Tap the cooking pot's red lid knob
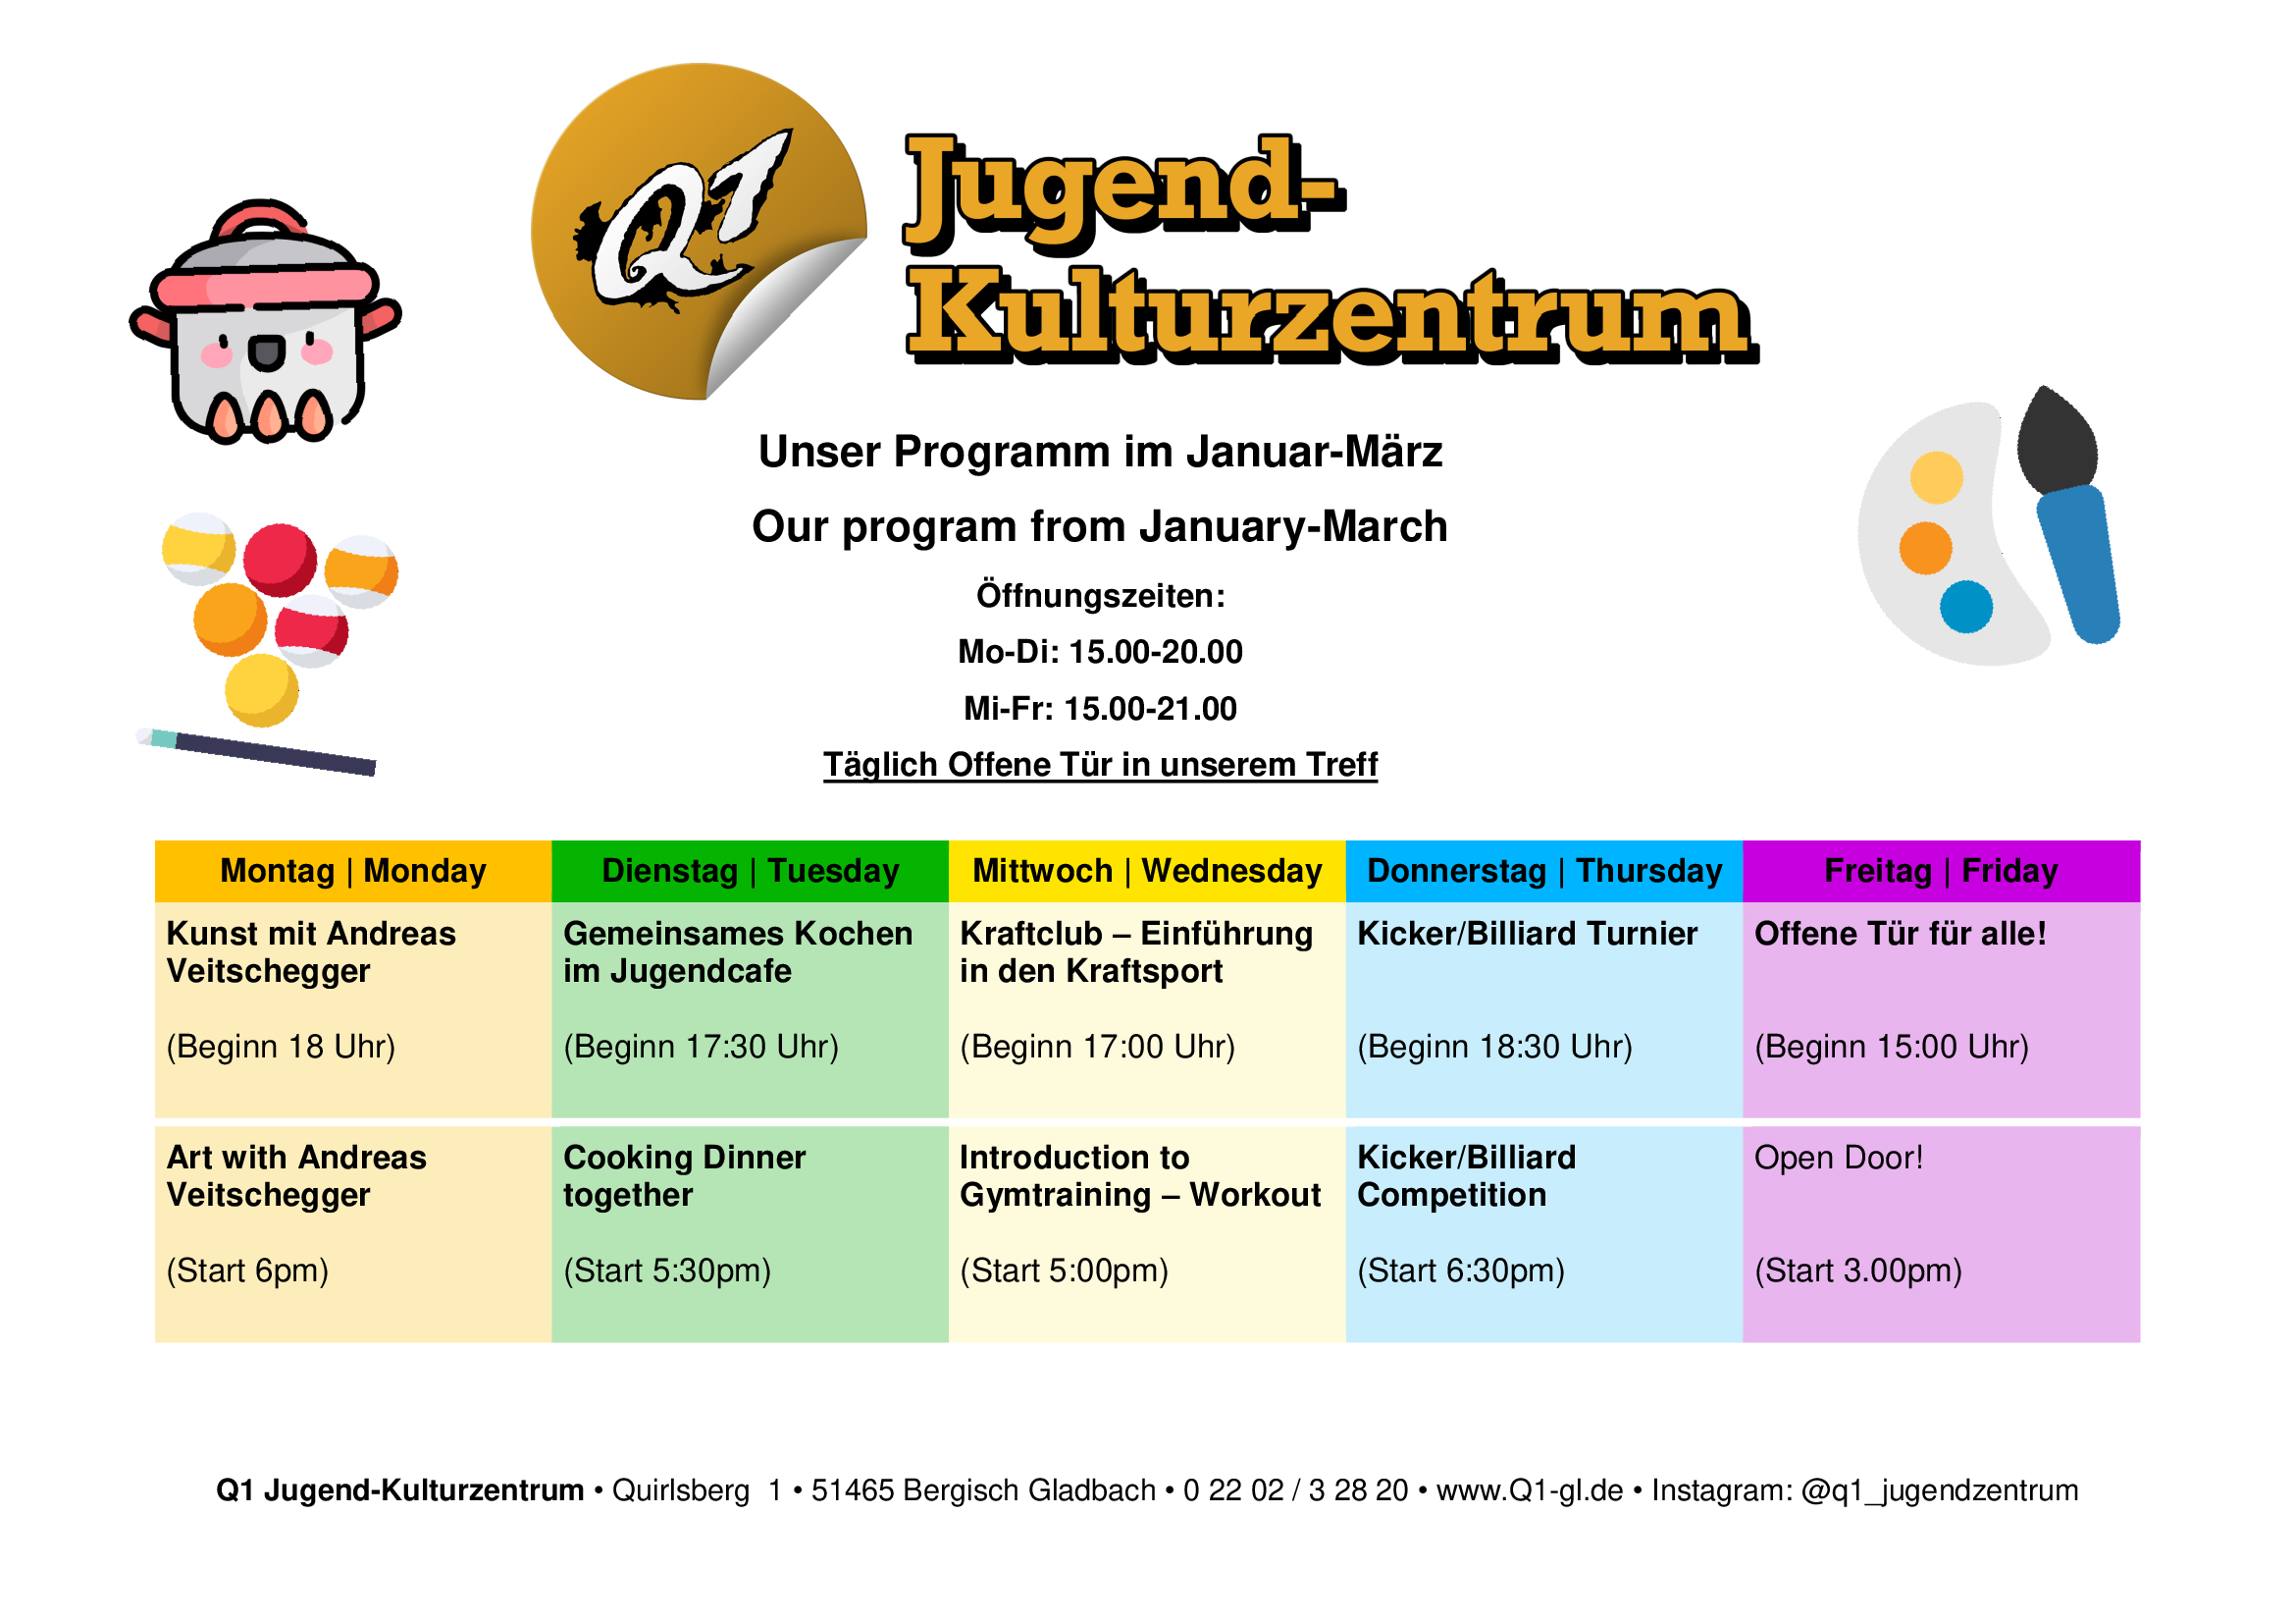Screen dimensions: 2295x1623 tap(260, 217)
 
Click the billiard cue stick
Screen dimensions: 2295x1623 tap(256, 752)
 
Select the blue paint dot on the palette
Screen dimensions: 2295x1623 tap(1966, 607)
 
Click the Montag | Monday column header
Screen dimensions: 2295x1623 tap(353, 871)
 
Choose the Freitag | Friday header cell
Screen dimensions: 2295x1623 tap(1941, 871)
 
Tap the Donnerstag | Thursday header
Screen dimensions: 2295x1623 tap(1544, 871)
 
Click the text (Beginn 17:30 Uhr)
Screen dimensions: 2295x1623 tap(701, 1047)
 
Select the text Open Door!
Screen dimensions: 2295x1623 tap(1838, 1158)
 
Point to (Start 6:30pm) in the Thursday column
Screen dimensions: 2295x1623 tap(1460, 1271)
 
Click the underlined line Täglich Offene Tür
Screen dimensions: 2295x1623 tap(1101, 765)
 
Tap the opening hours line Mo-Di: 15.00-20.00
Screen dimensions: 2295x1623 tap(1101, 652)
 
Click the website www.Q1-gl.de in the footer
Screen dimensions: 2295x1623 tap(1530, 1491)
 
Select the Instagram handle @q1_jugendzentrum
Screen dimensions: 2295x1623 tap(1939, 1491)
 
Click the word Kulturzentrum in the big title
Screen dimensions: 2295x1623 tap(1331, 314)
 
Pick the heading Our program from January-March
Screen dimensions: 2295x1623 tap(1100, 527)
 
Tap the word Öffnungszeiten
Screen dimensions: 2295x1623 tap(1101, 596)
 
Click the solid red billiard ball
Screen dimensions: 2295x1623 tap(280, 560)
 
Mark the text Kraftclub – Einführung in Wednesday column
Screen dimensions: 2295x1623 tap(1136, 934)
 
